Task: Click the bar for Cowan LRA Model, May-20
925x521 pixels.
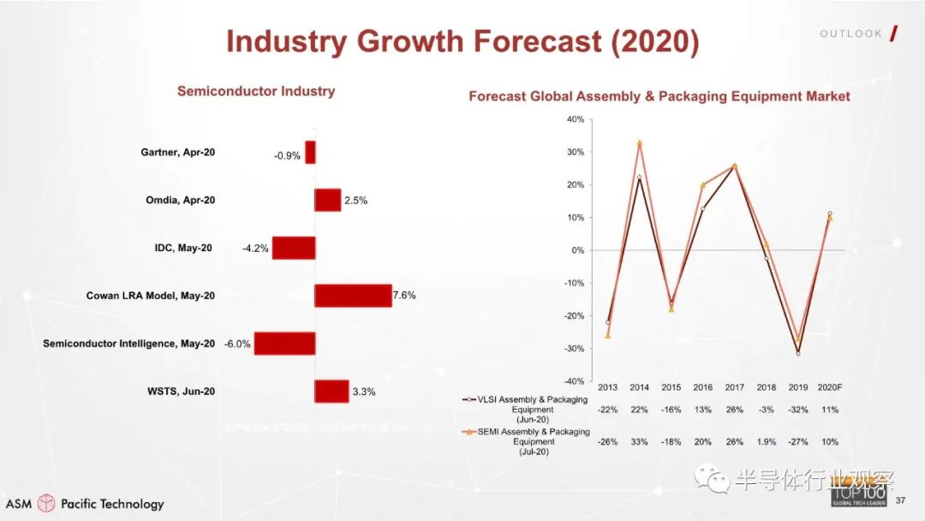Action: click(x=353, y=296)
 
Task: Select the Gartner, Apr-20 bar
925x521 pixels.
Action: click(x=310, y=153)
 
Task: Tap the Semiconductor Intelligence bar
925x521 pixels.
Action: click(x=284, y=344)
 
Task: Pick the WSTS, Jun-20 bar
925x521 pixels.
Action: click(x=331, y=392)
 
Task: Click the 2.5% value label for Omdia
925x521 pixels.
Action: click(x=355, y=201)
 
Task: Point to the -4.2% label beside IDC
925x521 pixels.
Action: click(x=256, y=249)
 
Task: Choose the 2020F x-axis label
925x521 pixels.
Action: click(x=829, y=388)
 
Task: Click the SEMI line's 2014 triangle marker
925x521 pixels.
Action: click(x=639, y=143)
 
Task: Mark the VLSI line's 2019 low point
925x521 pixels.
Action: click(x=797, y=353)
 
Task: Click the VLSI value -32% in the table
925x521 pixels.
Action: click(x=797, y=410)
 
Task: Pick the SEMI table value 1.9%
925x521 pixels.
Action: click(x=766, y=442)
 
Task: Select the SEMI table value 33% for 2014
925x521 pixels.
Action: click(x=639, y=442)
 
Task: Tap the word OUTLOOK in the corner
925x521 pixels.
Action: click(x=850, y=33)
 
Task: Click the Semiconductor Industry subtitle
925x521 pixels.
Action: click(x=256, y=91)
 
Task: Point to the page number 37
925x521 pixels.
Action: click(x=900, y=500)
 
